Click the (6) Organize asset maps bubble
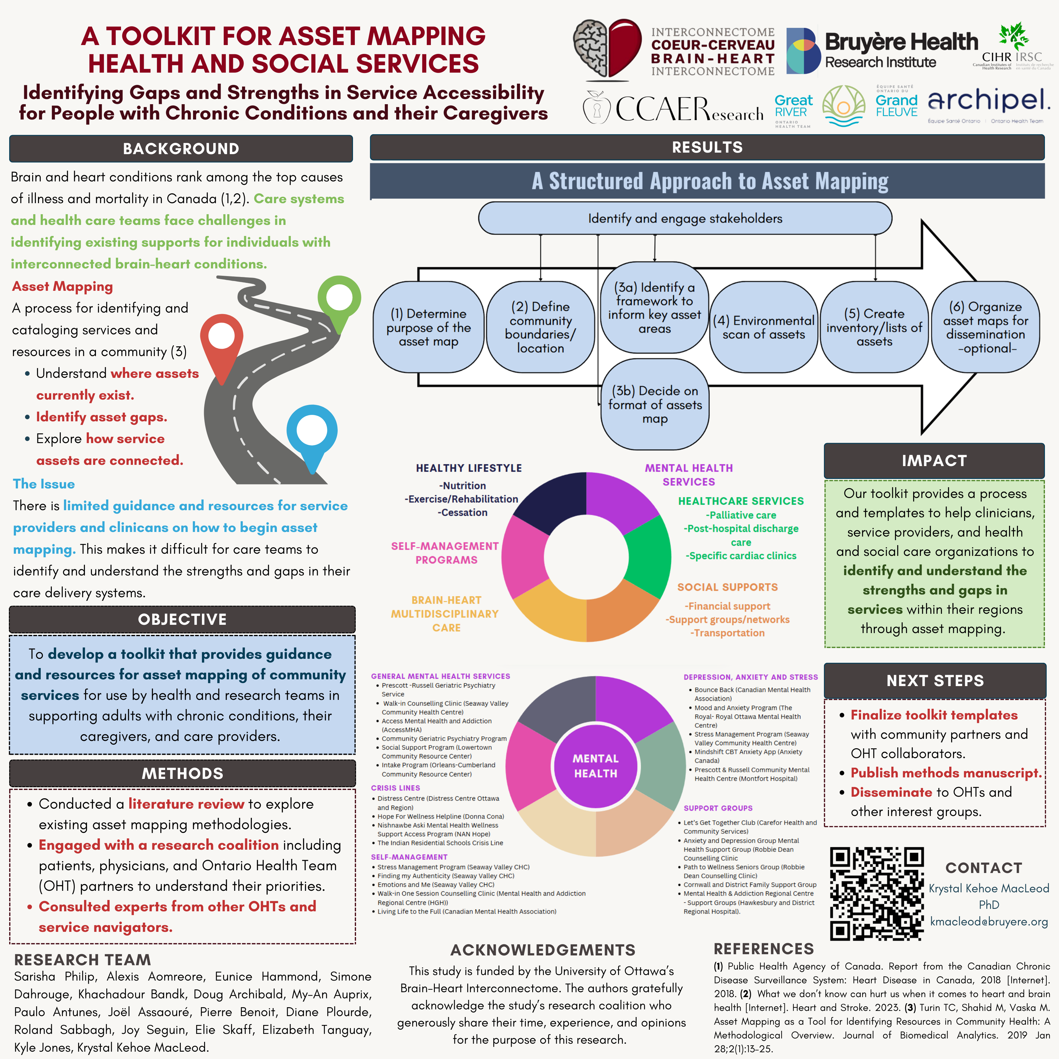click(x=985, y=327)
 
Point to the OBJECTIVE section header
click(x=182, y=619)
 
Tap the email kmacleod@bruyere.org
click(x=989, y=921)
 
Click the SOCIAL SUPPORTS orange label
click(x=727, y=587)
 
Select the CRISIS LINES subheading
click(x=395, y=788)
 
